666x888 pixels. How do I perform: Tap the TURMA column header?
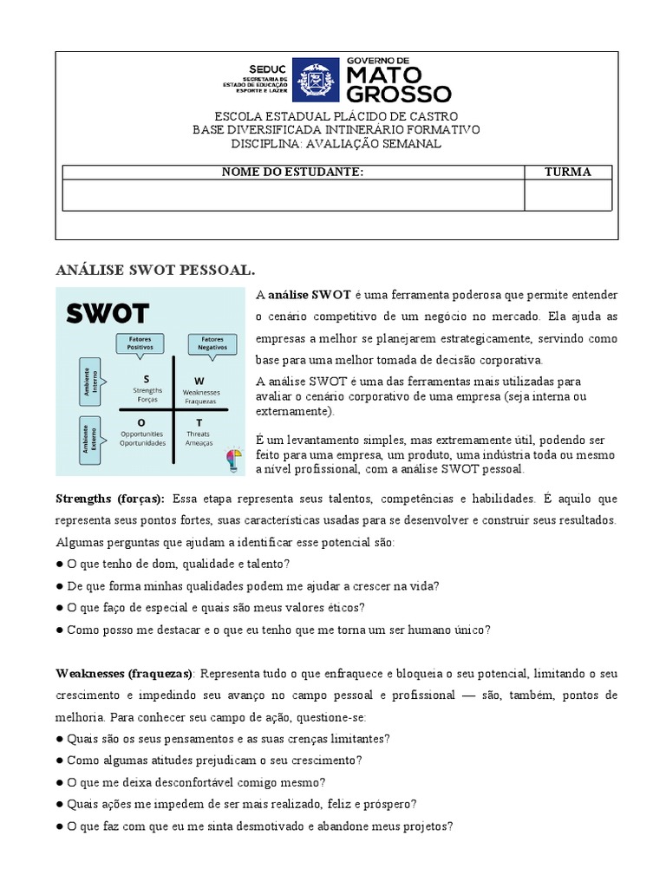point(568,172)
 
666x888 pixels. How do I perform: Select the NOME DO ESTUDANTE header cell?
point(292,172)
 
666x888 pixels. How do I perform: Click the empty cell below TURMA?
point(568,195)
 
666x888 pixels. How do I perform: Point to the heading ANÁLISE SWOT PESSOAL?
point(156,270)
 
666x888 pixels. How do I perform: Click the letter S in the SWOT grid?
point(147,379)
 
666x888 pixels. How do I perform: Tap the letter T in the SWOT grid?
point(199,421)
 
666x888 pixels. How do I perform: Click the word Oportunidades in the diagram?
point(143,442)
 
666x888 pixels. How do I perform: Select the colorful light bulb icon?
point(232,457)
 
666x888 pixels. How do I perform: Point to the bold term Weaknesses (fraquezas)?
point(126,674)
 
